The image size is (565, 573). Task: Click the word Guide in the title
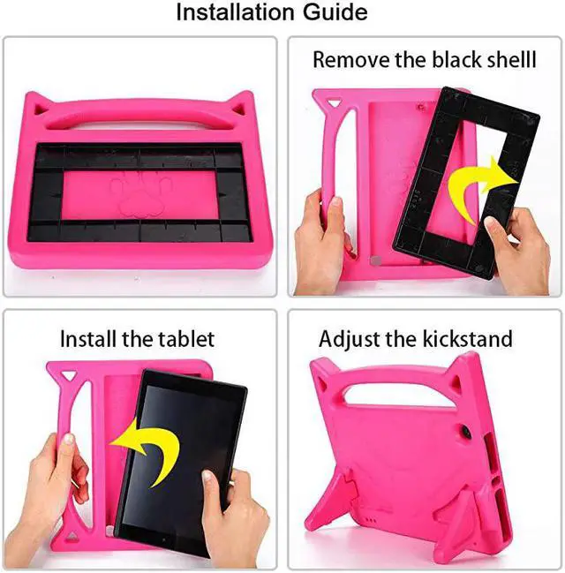pos(336,13)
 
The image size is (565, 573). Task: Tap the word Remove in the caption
pos(347,60)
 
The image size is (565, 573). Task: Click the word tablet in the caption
pos(185,338)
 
